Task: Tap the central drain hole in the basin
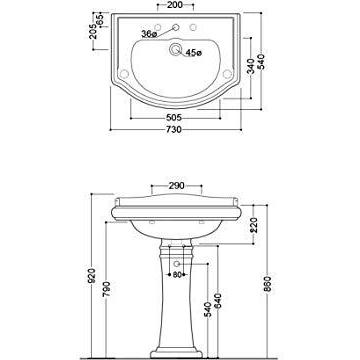tap(180, 46)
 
